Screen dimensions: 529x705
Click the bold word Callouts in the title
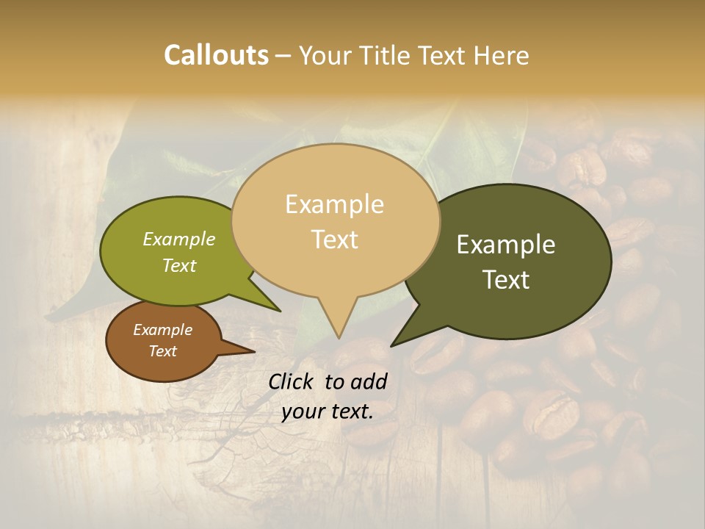pos(216,55)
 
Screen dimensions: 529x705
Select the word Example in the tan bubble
pos(334,204)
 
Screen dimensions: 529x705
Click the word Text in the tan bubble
pos(334,240)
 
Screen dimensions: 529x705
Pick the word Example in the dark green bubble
pos(506,245)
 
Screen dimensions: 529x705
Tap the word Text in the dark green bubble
pos(506,280)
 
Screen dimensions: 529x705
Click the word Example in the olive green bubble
pos(179,239)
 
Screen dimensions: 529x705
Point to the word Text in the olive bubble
pos(179,265)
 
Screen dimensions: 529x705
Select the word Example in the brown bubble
pos(162,330)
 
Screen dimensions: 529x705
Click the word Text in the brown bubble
pos(162,351)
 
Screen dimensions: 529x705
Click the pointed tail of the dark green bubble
pos(400,339)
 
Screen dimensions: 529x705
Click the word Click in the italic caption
pos(292,381)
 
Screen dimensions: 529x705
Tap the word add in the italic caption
pos(369,381)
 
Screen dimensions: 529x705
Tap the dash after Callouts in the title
pos(283,55)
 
